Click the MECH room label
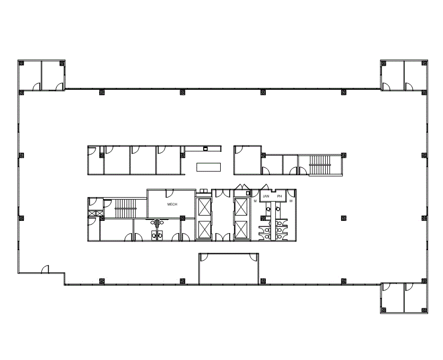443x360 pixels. (x=172, y=204)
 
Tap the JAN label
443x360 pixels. (x=266, y=196)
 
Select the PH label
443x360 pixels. (x=280, y=196)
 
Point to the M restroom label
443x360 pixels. (x=255, y=201)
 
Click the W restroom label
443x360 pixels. (x=291, y=201)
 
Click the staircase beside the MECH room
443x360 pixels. (x=125, y=209)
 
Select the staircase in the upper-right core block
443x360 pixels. (x=320, y=165)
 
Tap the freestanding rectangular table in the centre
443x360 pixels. (x=209, y=167)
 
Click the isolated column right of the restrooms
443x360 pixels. (x=344, y=218)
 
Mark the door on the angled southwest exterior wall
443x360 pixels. (x=46, y=269)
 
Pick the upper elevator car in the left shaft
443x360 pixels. (x=204, y=207)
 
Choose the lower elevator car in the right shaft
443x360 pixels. (x=241, y=229)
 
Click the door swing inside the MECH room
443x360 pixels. (x=169, y=193)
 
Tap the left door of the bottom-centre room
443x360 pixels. (x=203, y=257)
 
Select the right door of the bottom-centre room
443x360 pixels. (x=254, y=257)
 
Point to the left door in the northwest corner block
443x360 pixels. (x=37, y=87)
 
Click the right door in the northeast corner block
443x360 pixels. (x=409, y=87)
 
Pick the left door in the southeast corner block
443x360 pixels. (x=386, y=287)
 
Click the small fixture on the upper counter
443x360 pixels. (x=206, y=149)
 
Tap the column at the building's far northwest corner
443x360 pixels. (x=21, y=63)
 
